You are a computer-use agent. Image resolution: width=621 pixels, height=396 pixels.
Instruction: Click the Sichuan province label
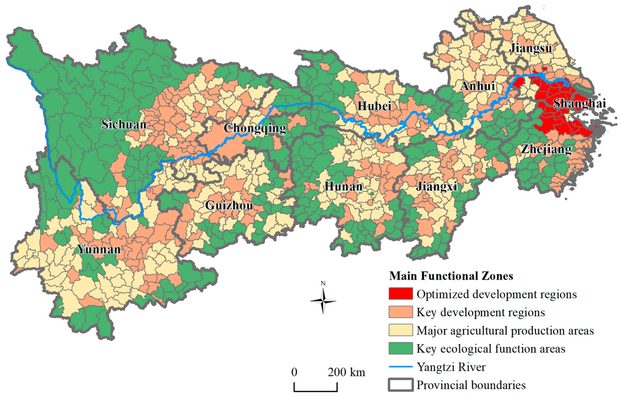[x=124, y=125]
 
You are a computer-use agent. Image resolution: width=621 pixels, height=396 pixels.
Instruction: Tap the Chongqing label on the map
[x=255, y=128]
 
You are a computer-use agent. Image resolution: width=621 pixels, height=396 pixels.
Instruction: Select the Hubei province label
[x=374, y=106]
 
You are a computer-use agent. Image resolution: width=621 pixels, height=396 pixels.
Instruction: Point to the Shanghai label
[x=579, y=103]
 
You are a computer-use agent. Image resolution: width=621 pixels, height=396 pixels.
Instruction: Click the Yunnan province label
[x=99, y=249]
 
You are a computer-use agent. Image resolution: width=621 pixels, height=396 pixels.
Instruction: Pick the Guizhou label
[x=229, y=206]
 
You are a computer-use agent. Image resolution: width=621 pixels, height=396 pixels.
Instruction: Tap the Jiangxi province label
[x=437, y=186]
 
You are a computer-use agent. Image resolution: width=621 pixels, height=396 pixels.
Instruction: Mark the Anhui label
[x=478, y=86]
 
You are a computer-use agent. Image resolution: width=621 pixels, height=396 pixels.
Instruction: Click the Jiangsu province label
[x=531, y=48]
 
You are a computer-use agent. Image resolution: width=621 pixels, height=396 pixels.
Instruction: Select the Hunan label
[x=343, y=186]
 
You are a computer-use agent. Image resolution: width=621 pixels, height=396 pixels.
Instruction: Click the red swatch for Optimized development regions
[x=401, y=294]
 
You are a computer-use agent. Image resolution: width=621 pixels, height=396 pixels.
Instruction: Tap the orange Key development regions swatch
[x=401, y=312]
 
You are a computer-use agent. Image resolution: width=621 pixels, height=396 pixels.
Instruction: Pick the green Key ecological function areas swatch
[x=401, y=348]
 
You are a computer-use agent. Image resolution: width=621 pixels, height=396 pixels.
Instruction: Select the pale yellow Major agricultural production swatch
[x=401, y=330]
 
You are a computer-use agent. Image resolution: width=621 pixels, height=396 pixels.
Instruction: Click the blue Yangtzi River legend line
[x=401, y=366]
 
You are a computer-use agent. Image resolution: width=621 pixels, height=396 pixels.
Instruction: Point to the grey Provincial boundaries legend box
[x=401, y=385]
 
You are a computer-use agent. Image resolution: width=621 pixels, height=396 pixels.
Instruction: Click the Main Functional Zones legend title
[x=451, y=276]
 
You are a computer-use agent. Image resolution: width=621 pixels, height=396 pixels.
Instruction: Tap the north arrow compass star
[x=323, y=301]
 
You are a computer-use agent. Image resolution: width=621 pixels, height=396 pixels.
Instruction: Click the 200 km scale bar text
[x=346, y=372]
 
